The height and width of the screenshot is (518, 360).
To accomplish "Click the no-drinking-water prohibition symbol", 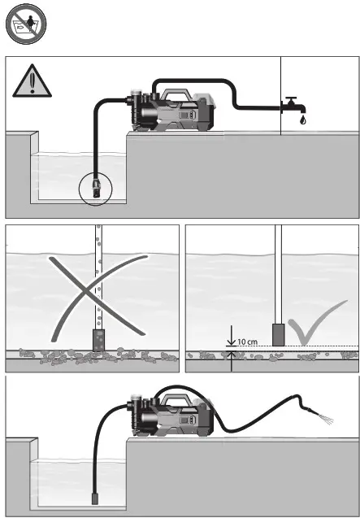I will coord(25,26).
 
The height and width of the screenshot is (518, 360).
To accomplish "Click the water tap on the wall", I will coord(292,105).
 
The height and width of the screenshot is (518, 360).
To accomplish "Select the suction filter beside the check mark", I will coord(278,335).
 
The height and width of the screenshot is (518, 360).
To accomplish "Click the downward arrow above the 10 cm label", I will coord(231,334).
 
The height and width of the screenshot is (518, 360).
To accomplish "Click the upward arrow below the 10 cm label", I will coord(231,364).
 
